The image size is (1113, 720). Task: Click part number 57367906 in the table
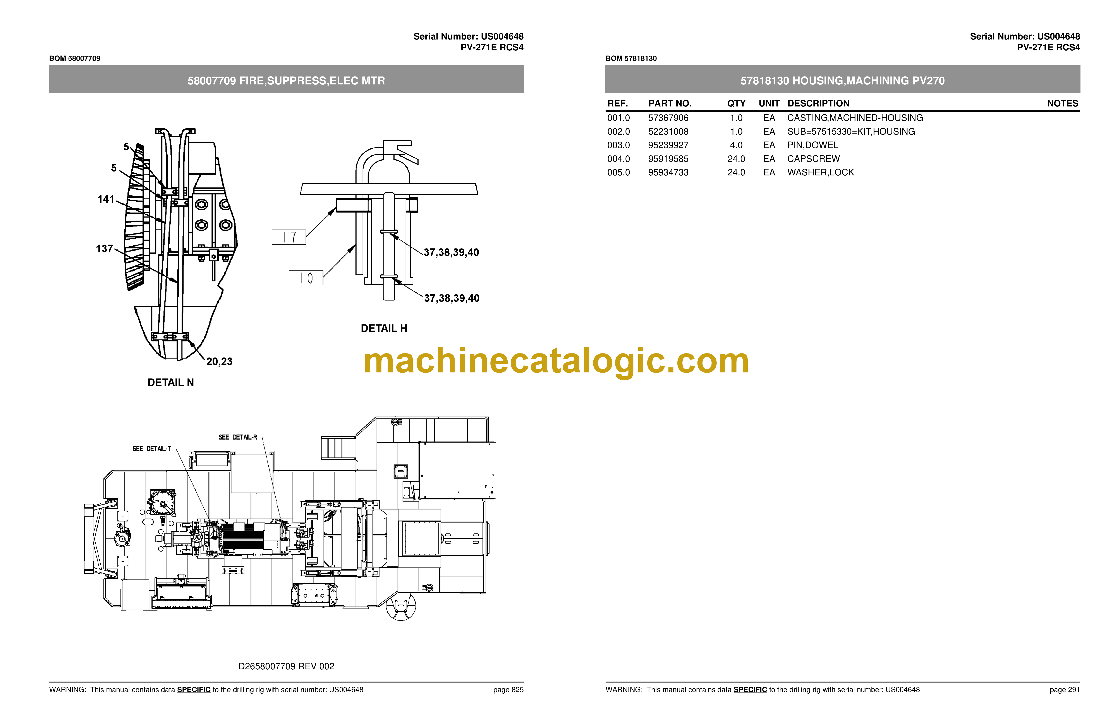click(668, 118)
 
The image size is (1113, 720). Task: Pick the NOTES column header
click(1063, 103)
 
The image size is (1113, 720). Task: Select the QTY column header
click(736, 103)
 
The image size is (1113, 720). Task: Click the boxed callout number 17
click(289, 237)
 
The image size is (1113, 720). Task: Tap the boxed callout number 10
click(306, 278)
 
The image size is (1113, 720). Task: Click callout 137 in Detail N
click(104, 249)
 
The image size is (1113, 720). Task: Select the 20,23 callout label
click(219, 361)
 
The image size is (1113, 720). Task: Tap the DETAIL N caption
click(171, 382)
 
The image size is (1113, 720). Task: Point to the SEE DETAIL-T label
click(152, 449)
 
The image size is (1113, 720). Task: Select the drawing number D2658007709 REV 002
click(286, 666)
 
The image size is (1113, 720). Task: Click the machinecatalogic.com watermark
click(556, 361)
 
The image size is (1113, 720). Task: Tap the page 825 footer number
click(508, 690)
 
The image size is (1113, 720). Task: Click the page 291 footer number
click(1065, 690)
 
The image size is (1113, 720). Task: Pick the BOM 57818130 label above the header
click(631, 58)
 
